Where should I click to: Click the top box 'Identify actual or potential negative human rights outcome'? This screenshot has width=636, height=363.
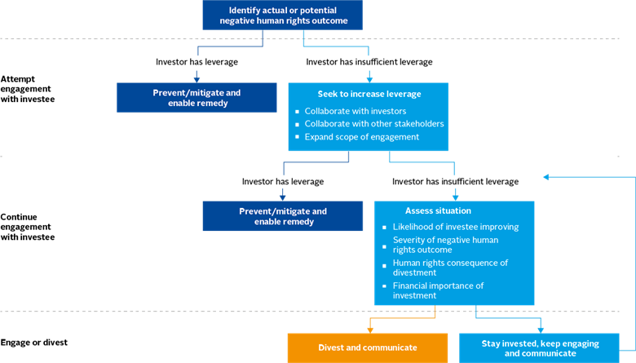click(x=282, y=14)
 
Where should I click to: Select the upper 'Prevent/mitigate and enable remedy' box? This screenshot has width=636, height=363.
click(x=197, y=97)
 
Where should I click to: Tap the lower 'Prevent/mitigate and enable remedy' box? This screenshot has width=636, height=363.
click(x=282, y=216)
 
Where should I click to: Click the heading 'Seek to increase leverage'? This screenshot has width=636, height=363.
click(x=367, y=94)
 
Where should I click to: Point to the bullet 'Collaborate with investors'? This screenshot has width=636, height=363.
click(x=355, y=111)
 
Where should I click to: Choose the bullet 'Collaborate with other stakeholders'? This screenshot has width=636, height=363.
click(x=373, y=124)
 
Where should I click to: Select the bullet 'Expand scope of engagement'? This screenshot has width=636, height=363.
click(x=361, y=137)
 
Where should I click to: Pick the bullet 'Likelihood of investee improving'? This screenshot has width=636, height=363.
click(x=455, y=227)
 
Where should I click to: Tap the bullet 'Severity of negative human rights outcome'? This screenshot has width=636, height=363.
click(x=445, y=245)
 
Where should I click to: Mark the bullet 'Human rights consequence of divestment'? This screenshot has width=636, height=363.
click(x=450, y=268)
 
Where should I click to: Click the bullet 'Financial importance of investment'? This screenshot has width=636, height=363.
click(x=438, y=290)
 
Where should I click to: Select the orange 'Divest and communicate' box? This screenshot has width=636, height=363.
click(x=367, y=348)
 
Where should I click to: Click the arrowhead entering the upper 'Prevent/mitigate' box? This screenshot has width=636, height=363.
click(x=197, y=77)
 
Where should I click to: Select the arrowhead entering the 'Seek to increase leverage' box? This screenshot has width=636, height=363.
click(x=369, y=77)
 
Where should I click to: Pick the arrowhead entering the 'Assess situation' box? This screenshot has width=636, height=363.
click(x=454, y=196)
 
